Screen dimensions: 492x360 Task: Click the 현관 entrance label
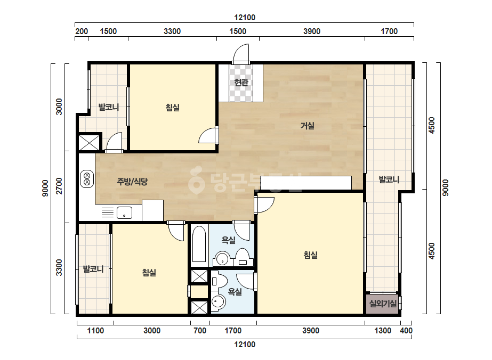[x=241, y=83]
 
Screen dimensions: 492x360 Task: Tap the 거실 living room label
[x=308, y=126]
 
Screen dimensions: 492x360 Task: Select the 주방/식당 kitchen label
[x=132, y=182]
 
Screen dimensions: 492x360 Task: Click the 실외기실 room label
[x=383, y=304]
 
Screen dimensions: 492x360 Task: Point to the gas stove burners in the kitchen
[x=87, y=179]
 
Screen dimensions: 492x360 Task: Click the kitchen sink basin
[x=124, y=212]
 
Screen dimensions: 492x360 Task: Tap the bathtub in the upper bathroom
[x=199, y=244]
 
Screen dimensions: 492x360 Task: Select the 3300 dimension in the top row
[x=172, y=31]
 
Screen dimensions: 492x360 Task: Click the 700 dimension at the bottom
[x=200, y=331]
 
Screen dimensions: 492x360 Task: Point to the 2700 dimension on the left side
[x=59, y=186]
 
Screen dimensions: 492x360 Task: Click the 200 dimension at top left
[x=82, y=31]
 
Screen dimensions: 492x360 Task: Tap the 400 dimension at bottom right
[x=406, y=331]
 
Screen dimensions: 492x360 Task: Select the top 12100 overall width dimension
[x=245, y=18]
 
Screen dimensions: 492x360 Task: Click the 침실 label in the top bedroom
[x=173, y=108]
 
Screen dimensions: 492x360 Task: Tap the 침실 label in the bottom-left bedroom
[x=149, y=273]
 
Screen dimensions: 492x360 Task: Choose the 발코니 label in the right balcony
[x=389, y=179]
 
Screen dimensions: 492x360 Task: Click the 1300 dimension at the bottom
[x=383, y=331]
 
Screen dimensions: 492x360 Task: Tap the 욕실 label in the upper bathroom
[x=229, y=240]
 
